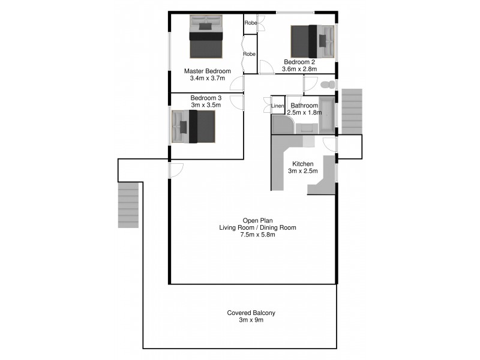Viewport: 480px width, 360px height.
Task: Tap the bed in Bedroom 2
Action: click(312, 41)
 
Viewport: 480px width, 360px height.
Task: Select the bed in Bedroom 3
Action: click(193, 126)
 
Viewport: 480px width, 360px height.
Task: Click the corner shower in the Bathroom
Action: click(281, 124)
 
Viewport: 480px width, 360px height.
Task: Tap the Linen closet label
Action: click(277, 106)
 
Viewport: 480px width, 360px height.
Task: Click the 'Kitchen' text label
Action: click(303, 164)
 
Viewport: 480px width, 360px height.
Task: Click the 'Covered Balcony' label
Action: click(251, 313)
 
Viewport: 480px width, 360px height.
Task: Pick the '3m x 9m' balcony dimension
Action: click(251, 320)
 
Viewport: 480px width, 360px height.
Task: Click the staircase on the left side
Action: click(128, 205)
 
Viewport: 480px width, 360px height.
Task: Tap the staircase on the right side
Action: click(352, 111)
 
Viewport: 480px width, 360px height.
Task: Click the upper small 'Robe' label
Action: click(251, 23)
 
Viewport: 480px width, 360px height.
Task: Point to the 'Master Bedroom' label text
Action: click(207, 71)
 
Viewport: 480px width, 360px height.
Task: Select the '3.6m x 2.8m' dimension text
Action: click(299, 69)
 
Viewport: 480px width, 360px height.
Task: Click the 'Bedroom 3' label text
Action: click(206, 98)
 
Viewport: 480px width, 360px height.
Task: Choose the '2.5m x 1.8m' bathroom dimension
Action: click(304, 112)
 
